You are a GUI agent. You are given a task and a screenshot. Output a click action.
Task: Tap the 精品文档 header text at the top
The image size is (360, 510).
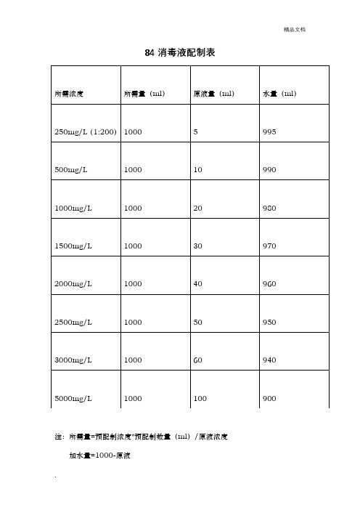(x=295, y=29)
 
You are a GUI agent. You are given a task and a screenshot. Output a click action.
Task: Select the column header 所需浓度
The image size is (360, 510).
(x=70, y=94)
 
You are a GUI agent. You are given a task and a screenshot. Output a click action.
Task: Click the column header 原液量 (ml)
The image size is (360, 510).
(x=213, y=94)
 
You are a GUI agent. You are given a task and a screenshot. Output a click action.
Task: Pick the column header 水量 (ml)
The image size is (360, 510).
(x=279, y=94)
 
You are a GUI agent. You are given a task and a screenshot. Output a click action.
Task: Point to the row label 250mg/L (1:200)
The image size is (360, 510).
(x=86, y=131)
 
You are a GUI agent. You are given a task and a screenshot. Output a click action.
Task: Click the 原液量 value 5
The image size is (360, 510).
(x=195, y=131)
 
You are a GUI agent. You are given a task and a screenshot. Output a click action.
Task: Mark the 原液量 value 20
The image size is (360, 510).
(x=197, y=209)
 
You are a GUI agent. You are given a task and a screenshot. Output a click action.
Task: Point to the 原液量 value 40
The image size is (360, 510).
(x=197, y=285)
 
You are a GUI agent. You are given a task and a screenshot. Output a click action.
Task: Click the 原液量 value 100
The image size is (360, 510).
(x=200, y=399)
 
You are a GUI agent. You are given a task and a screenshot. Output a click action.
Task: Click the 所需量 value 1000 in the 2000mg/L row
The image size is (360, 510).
(x=134, y=285)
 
